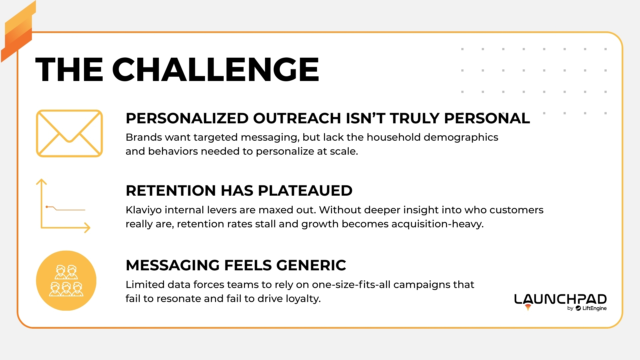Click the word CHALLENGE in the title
tap(216, 69)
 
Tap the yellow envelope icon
tap(69, 133)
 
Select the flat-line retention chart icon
tap(63, 206)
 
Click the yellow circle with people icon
tap(66, 281)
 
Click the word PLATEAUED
tap(305, 191)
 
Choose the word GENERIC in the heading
tap(311, 265)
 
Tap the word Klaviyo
tap(143, 210)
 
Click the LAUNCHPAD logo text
tap(560, 299)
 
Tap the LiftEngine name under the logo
tap(594, 308)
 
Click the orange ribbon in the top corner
tap(18, 32)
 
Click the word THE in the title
tap(69, 69)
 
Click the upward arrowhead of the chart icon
tap(41, 182)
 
